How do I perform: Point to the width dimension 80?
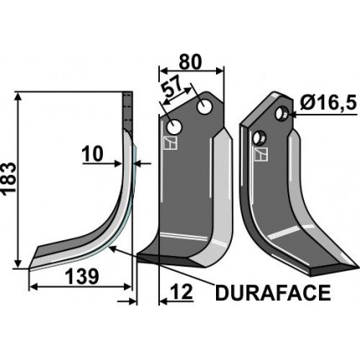(192, 61)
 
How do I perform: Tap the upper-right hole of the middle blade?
(203, 107)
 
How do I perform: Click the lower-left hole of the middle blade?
(174, 126)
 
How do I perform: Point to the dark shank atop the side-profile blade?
(128, 109)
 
